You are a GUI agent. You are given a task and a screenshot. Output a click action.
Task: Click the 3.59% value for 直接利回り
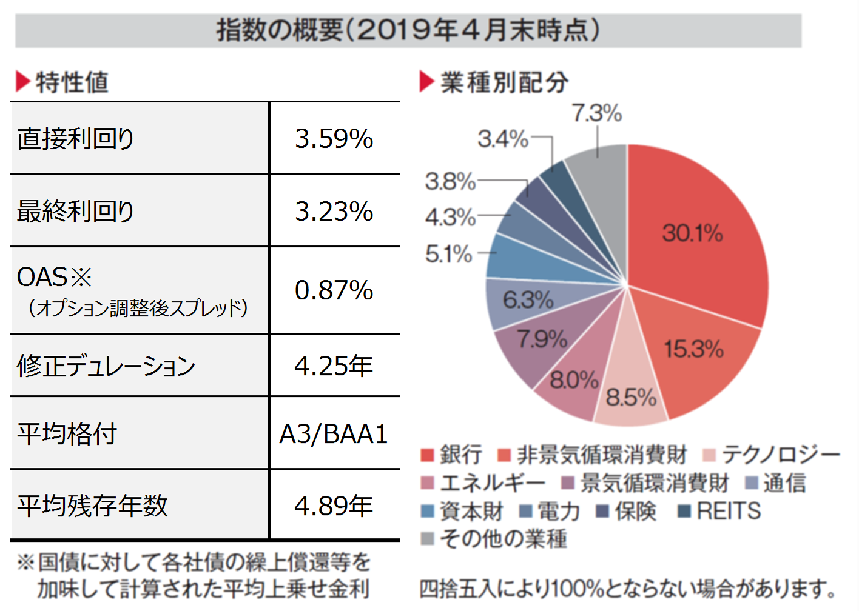[334, 139]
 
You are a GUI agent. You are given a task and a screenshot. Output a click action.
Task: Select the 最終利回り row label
[76, 211]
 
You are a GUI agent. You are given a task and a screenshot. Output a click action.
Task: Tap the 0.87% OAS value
[334, 290]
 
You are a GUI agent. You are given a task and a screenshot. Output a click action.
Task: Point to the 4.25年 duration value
[334, 366]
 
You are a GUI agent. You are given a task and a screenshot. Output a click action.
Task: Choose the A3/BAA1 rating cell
[334, 434]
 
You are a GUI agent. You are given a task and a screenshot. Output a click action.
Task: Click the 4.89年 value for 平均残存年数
[334, 506]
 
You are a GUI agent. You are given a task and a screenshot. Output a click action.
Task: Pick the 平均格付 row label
[67, 434]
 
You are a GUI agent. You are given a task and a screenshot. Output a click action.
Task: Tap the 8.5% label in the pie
[631, 398]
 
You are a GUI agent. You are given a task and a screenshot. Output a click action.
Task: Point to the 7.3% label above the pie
[597, 113]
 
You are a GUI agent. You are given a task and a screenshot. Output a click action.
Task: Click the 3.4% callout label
[503, 139]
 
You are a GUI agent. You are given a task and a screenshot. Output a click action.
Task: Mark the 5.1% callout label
[449, 254]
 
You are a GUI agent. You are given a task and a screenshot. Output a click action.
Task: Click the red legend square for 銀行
[427, 455]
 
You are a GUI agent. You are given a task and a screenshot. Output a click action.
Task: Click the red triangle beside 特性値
[22, 81]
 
